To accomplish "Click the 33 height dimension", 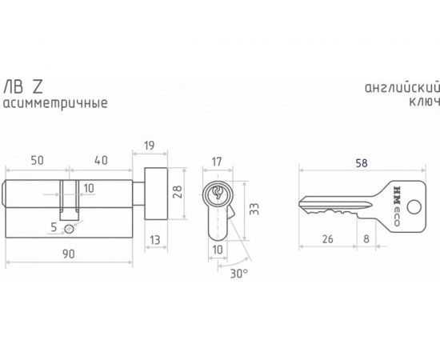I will tap(254, 210).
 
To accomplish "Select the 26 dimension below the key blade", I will tap(328, 238).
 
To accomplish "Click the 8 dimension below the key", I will tap(365, 238).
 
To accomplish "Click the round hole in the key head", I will tap(412, 206).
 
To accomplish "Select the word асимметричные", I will tap(54, 103).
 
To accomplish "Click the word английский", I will tap(393, 87).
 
